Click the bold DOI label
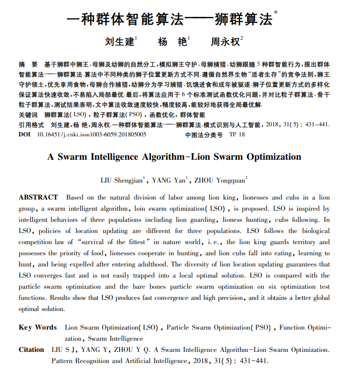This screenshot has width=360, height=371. pos(24,135)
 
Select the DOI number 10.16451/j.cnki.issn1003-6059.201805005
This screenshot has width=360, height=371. pos(91,135)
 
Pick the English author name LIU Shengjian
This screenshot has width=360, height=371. pos(122,180)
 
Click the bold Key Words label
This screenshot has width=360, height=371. pos(38,327)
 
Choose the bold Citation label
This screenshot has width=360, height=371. pos(31,350)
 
